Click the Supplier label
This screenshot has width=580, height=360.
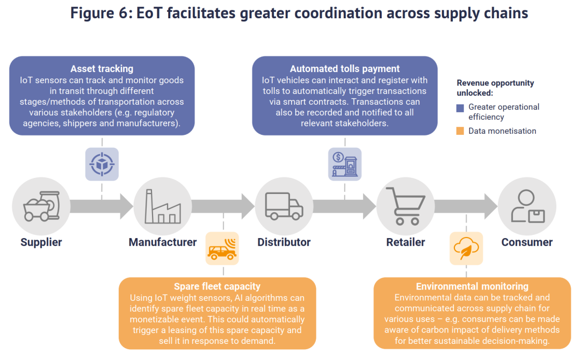click(x=41, y=242)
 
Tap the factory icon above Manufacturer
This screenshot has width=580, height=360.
click(x=162, y=207)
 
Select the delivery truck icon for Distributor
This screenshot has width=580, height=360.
click(x=284, y=207)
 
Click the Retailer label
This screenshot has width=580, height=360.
click(x=405, y=242)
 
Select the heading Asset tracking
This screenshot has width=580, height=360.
click(x=102, y=69)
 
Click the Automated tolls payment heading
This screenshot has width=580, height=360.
click(x=345, y=69)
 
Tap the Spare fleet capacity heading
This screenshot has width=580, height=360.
click(x=217, y=286)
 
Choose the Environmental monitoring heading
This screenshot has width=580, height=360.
click(x=472, y=286)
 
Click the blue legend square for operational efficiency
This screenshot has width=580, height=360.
click(x=460, y=107)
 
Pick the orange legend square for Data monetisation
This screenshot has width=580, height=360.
click(x=460, y=131)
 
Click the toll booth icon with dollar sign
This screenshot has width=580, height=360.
click(x=345, y=164)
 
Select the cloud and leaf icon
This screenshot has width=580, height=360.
click(x=466, y=249)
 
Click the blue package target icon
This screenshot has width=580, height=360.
click(x=102, y=164)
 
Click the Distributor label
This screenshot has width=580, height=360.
click(x=284, y=242)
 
